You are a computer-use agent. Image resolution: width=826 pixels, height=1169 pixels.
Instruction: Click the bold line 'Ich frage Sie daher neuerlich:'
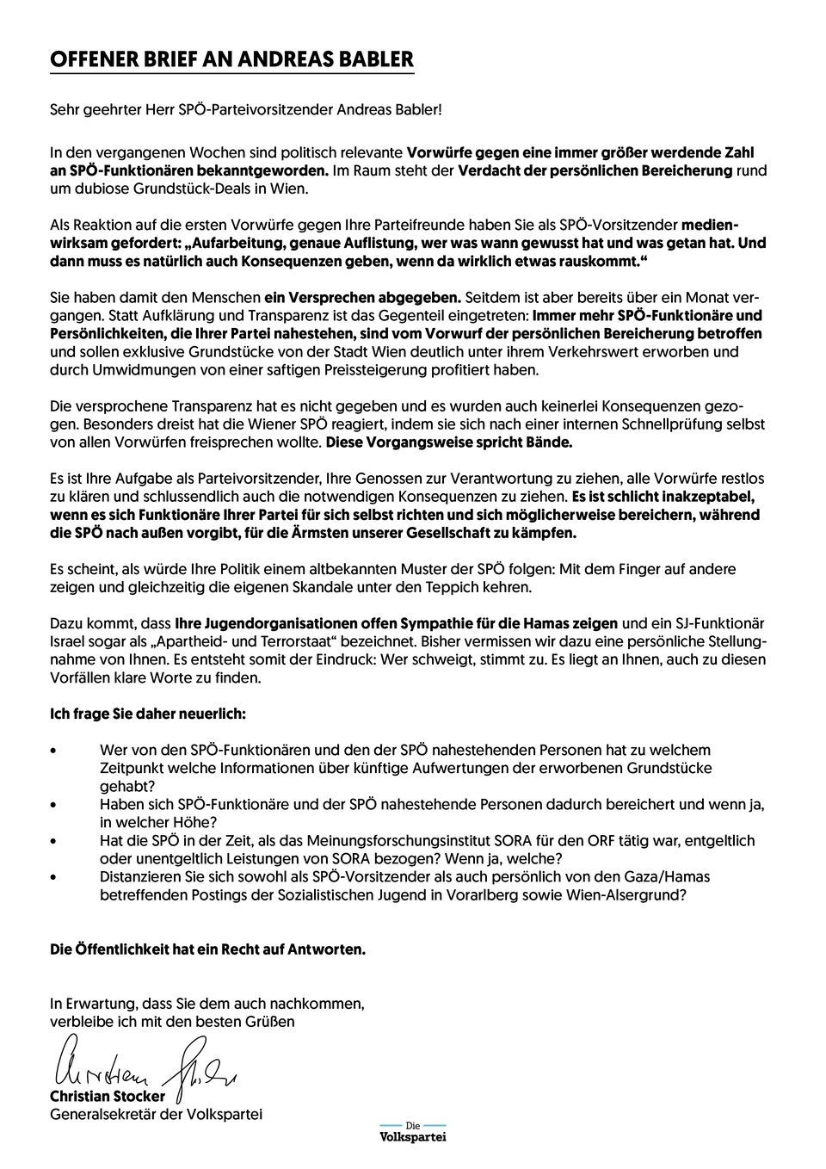[148, 714]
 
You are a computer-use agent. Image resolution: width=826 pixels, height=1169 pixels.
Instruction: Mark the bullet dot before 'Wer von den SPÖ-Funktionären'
[54, 751]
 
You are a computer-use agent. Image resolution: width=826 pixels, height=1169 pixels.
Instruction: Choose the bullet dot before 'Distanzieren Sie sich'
[54, 877]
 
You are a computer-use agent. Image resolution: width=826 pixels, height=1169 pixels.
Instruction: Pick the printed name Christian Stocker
[108, 1097]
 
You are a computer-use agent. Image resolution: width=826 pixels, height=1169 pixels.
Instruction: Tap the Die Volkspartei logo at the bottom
[413, 1132]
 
